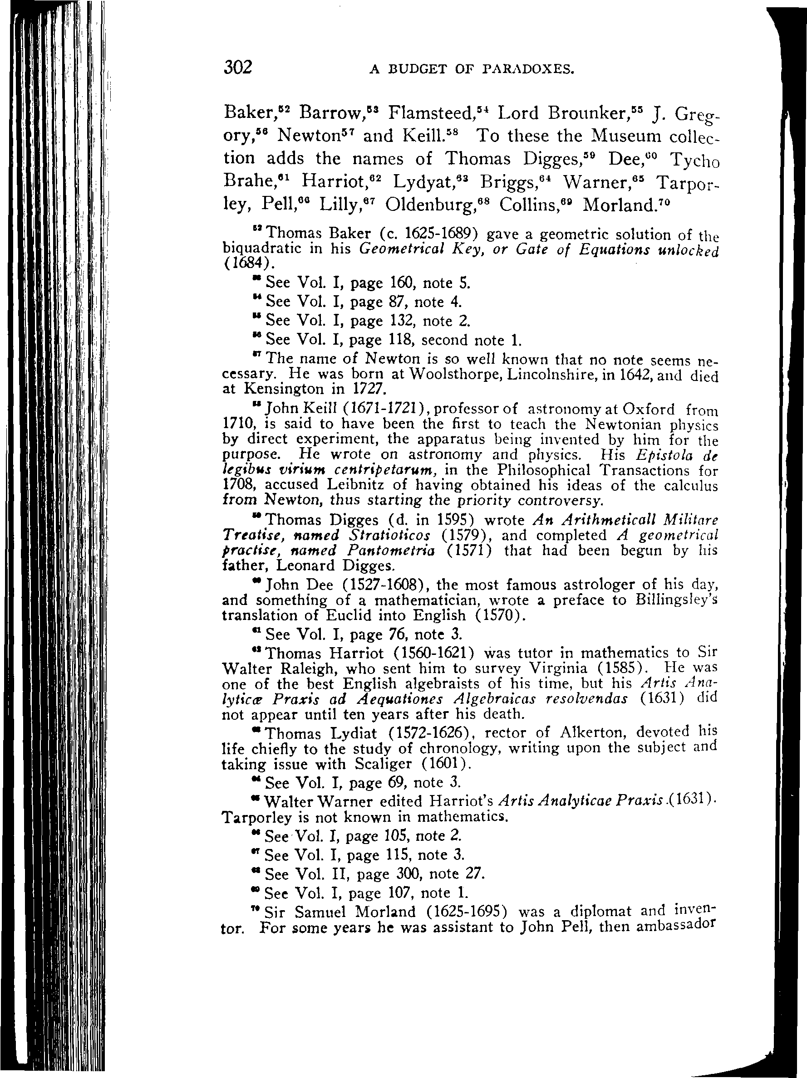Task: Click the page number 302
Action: (238, 67)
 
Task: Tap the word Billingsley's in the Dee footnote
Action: (676, 600)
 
